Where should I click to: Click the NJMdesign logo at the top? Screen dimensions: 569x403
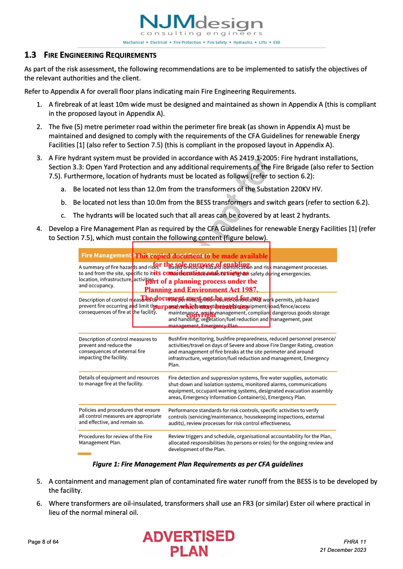pos(201,26)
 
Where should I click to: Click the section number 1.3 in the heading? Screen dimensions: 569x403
pos(30,55)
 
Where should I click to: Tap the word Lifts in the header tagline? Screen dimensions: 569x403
pos(263,42)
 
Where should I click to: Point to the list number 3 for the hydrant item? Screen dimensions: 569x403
pos(39,158)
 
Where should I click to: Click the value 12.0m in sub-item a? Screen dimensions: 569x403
pos(157,189)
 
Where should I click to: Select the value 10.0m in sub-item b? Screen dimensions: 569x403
pos(157,202)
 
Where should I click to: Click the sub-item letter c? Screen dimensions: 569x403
pos(63,216)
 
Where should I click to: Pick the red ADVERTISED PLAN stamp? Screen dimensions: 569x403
pos(189,544)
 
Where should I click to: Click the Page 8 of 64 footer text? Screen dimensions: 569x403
pos(43,542)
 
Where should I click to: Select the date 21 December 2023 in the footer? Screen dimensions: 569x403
pos(343,550)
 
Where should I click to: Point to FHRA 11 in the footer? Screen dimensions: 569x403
pos(355,542)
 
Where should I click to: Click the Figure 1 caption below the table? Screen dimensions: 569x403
pos(197,464)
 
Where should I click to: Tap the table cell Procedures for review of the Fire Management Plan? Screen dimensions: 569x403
pos(115,440)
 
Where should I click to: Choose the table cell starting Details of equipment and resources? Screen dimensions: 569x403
pos(119,381)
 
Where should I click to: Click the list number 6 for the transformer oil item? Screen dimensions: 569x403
pos(39,503)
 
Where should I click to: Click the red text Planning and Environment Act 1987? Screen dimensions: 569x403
pos(201,290)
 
